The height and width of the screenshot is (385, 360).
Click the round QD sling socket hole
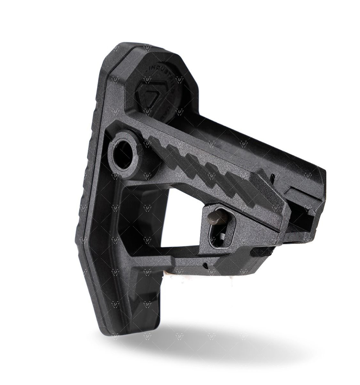coord(123,156)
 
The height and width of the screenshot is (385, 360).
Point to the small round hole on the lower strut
coord(205,266)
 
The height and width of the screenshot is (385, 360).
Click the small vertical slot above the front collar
coord(274,176)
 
